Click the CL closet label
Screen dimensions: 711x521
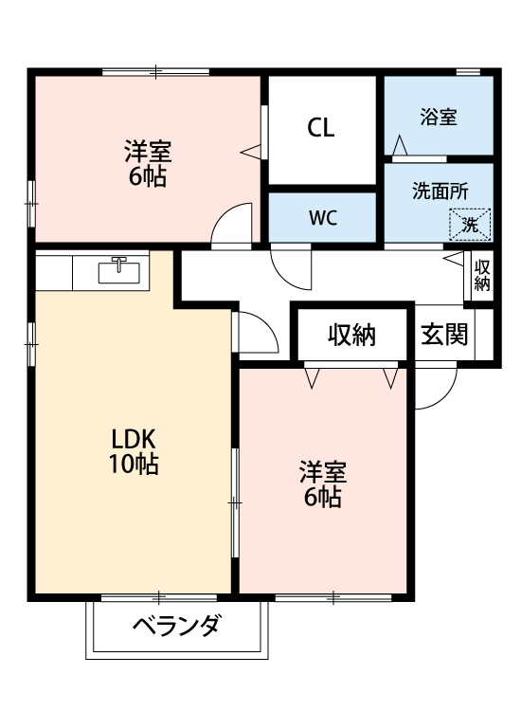[321, 129]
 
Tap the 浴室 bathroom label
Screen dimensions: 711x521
[439, 118]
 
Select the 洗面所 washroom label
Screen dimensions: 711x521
[440, 190]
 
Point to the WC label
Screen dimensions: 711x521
[323, 217]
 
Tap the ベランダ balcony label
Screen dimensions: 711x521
[176, 627]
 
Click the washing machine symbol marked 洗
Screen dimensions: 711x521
[471, 225]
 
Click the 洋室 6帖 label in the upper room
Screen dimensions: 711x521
[147, 164]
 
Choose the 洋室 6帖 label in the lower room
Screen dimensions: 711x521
[323, 483]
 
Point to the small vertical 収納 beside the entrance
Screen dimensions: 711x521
[482, 275]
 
